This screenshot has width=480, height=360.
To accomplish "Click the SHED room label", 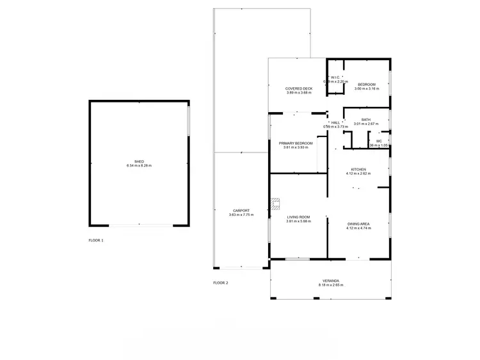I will [x=139, y=161].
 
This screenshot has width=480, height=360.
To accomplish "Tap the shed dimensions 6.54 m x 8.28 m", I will [x=139, y=166].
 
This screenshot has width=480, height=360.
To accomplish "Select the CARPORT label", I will [x=241, y=211].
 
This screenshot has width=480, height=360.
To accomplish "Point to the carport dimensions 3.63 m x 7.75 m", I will [x=241, y=215].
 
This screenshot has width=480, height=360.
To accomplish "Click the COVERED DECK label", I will [x=299, y=88].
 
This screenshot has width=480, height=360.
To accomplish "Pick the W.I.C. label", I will [x=335, y=78].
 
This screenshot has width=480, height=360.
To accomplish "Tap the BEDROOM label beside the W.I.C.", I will [x=366, y=85].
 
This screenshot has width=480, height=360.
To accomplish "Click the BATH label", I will [x=365, y=119].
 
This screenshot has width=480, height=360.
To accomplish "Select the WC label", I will [x=379, y=141].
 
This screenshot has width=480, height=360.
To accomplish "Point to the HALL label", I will [x=335, y=122].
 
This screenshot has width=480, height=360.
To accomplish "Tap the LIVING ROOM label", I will [x=299, y=218].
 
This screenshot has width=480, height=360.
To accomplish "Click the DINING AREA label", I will [x=358, y=224].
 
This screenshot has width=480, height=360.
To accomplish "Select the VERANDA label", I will [x=330, y=280].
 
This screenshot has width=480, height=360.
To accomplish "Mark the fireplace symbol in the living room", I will [x=275, y=204].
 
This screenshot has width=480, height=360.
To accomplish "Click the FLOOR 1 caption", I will [x=96, y=240].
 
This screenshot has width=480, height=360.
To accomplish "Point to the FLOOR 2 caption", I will [x=221, y=282].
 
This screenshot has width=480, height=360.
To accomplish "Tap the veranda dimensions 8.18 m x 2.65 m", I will [x=330, y=284].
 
